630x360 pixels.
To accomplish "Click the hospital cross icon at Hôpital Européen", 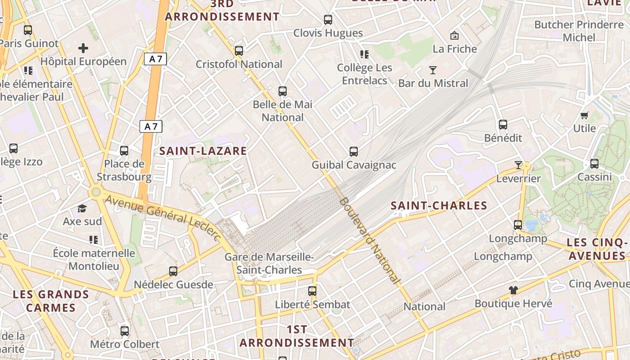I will (83, 48).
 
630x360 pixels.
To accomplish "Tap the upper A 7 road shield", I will (156, 58).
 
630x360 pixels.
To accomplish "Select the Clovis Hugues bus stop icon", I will (328, 20).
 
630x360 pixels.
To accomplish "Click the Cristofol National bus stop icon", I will (239, 51).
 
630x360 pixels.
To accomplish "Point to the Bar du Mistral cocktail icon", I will (433, 70).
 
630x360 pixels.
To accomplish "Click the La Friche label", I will (454, 49).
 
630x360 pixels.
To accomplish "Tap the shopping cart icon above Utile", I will (585, 115).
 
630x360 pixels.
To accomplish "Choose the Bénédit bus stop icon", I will (503, 125).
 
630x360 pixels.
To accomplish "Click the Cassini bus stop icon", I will (594, 164).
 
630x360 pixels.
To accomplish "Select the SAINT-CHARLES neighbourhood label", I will (439, 206).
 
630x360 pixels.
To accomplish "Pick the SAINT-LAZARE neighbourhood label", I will (203, 151).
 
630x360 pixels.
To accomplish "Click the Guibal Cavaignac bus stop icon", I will (354, 152).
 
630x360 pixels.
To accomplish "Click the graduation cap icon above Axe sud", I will (82, 208).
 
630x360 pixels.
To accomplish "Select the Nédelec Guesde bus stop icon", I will (173, 271).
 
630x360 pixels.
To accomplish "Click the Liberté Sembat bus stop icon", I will (312, 291).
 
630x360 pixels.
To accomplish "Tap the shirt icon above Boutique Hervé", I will (513, 290).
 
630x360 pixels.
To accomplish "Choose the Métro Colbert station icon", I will (125, 331).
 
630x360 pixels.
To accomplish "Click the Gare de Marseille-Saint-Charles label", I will (269, 263).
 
